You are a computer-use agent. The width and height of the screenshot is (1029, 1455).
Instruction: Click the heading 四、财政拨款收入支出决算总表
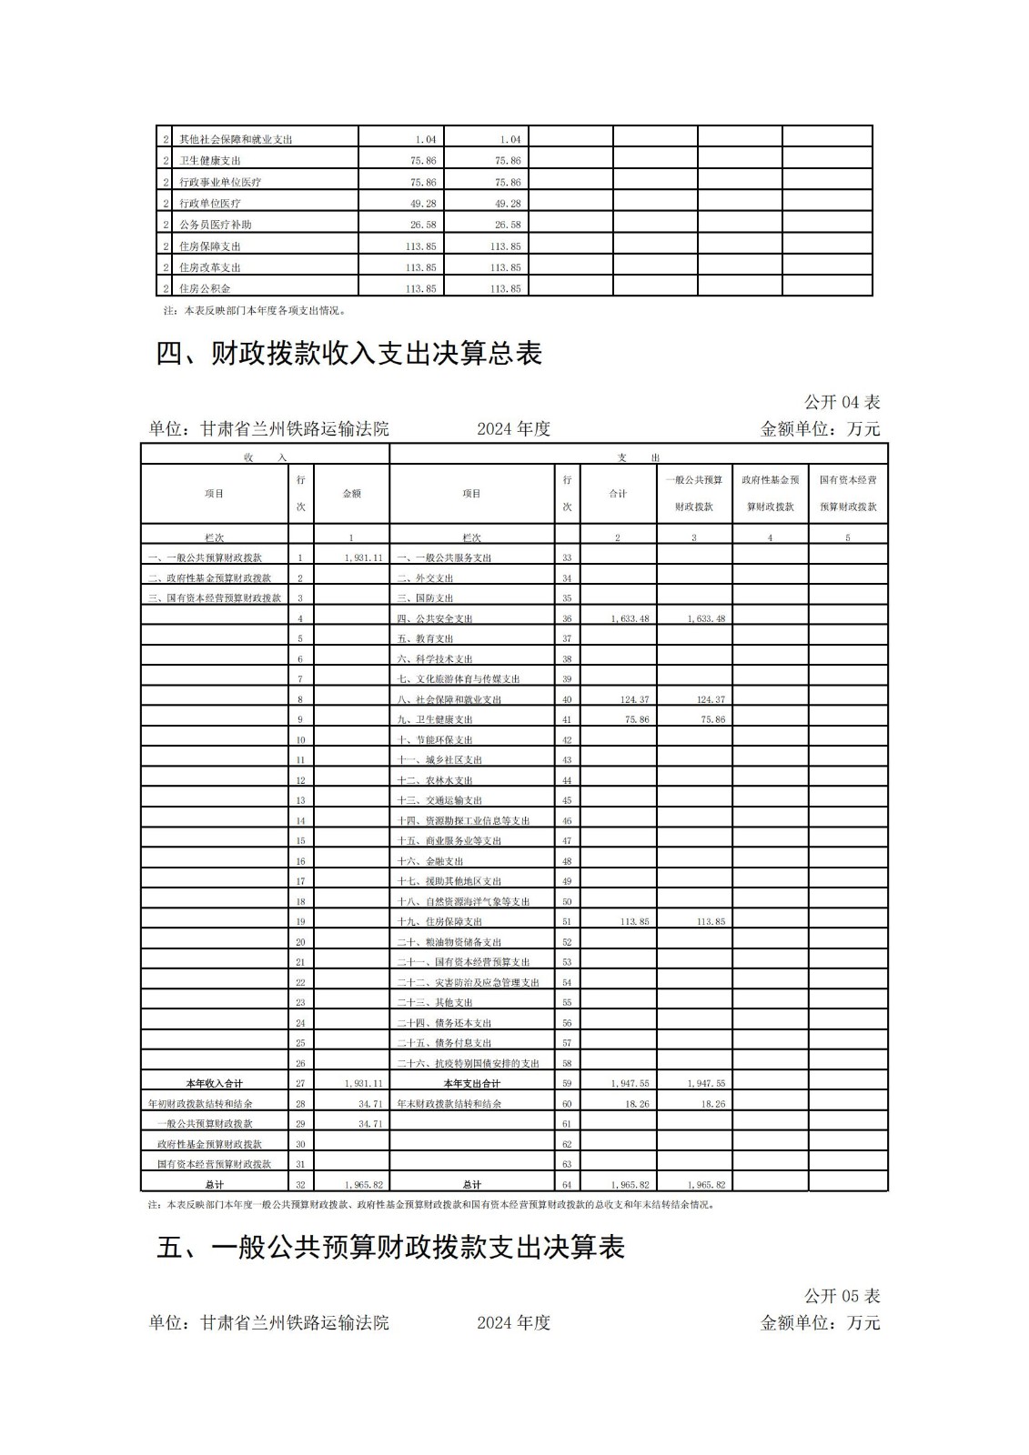pos(349,354)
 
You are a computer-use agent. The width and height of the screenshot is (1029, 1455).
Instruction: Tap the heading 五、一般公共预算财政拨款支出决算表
pos(390,1248)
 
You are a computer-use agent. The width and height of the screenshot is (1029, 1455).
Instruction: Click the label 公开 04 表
pos(842,402)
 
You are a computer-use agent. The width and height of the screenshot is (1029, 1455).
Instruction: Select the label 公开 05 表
pos(842,1296)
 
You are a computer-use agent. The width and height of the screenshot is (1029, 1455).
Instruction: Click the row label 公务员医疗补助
pos(216,225)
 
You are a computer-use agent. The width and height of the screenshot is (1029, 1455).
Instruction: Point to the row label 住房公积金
pos(205,288)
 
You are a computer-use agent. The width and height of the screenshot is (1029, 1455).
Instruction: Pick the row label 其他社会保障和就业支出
pos(236,140)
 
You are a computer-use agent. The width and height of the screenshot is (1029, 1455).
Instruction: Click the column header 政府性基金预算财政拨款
pos(770,493)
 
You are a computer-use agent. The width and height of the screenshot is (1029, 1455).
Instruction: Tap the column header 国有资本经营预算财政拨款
pos(848,493)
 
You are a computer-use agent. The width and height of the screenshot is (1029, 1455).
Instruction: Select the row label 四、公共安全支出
pos(435,618)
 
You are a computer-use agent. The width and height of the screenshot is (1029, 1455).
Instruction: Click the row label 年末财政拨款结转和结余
pos(449,1103)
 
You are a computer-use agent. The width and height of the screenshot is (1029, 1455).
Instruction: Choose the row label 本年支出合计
pos(471,1083)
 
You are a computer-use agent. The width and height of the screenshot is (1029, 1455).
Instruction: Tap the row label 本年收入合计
pos(214,1083)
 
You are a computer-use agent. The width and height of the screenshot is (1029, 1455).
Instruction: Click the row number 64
pos(567,1185)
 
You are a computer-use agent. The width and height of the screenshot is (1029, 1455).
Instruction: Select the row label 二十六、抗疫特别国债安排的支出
pos(469,1063)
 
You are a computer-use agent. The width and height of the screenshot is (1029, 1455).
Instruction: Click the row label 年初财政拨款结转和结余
pos(200,1103)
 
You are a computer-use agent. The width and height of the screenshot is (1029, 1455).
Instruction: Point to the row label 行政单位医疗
pos(210,204)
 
